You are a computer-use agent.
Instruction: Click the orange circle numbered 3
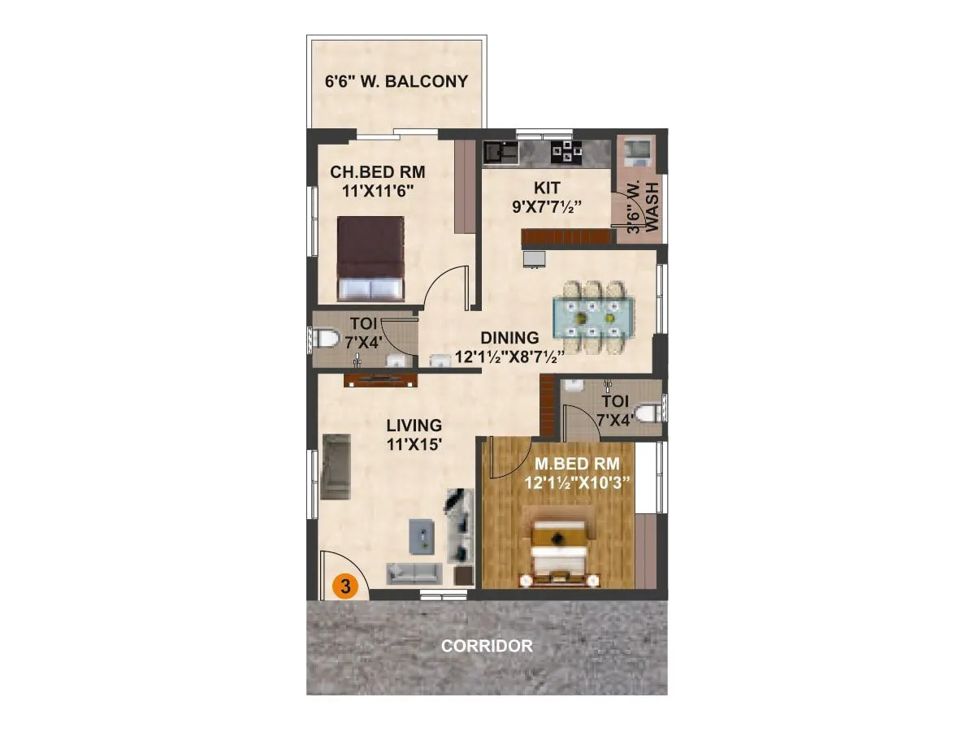coord(345,586)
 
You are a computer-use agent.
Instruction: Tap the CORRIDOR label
coord(487,647)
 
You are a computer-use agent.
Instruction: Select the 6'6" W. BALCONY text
coord(396,81)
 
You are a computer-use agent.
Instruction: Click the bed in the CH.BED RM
coord(370,258)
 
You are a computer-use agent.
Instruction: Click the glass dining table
coord(593,316)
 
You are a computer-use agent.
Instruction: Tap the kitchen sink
coord(500,151)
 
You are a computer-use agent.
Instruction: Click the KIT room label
coord(546,188)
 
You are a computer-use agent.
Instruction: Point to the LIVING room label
coord(414,425)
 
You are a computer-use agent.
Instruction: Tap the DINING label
coord(509,338)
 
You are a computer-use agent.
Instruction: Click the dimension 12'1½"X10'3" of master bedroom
coord(578,482)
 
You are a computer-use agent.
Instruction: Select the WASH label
coord(651,206)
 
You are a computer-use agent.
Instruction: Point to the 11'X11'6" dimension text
coord(377,191)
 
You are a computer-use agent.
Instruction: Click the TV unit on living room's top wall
coord(381,379)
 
